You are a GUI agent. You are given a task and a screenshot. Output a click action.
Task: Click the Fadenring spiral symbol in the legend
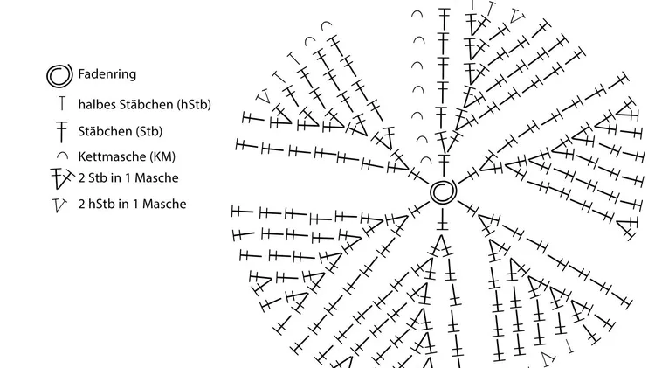(x=59, y=76)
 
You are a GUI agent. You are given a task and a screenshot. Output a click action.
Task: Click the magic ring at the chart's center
(x=443, y=192)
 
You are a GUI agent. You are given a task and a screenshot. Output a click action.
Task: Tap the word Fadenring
(x=107, y=74)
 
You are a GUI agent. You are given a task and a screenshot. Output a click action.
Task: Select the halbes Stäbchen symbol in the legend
(x=62, y=103)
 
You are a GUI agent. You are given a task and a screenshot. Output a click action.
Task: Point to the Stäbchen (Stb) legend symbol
(x=62, y=131)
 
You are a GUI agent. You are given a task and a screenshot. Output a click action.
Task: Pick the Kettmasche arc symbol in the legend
(x=62, y=156)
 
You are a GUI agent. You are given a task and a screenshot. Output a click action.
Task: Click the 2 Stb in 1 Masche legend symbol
(x=62, y=178)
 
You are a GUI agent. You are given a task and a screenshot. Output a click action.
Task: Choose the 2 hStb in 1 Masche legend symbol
(x=59, y=205)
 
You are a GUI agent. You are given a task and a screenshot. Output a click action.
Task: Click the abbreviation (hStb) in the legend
(x=194, y=104)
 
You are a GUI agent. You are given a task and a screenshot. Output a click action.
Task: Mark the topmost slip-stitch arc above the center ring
(x=417, y=15)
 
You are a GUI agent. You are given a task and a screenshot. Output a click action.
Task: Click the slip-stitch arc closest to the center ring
(x=426, y=160)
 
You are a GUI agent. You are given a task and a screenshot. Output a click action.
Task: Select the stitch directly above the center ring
(x=444, y=164)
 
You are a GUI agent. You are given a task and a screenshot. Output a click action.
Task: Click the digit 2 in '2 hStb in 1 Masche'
(x=81, y=204)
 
